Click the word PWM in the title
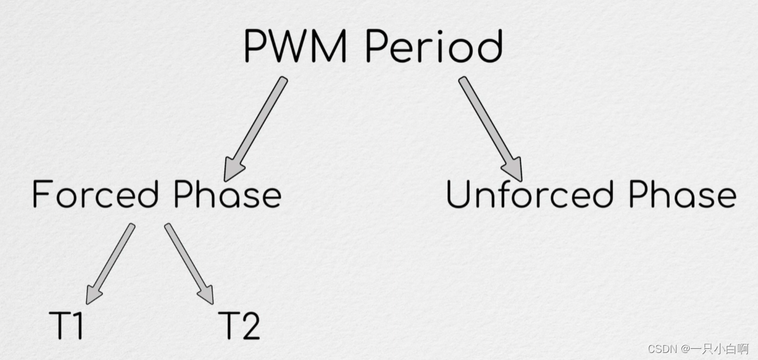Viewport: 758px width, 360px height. pyautogui.click(x=295, y=46)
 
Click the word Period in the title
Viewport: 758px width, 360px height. pyautogui.click(x=434, y=46)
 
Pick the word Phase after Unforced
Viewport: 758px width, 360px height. pyautogui.click(x=682, y=194)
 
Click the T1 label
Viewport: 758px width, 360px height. pyautogui.click(x=66, y=325)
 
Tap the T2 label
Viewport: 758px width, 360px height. pyautogui.click(x=239, y=325)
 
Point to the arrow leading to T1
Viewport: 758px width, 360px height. pyautogui.click(x=110, y=263)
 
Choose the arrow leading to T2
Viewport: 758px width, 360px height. pyautogui.click(x=189, y=263)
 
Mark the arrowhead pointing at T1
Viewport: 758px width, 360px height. pyautogui.click(x=93, y=295)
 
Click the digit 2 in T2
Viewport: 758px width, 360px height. pyautogui.click(x=250, y=325)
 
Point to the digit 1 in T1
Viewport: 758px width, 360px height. pyautogui.click(x=77, y=325)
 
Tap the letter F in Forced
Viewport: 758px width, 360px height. pyautogui.click(x=41, y=194)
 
